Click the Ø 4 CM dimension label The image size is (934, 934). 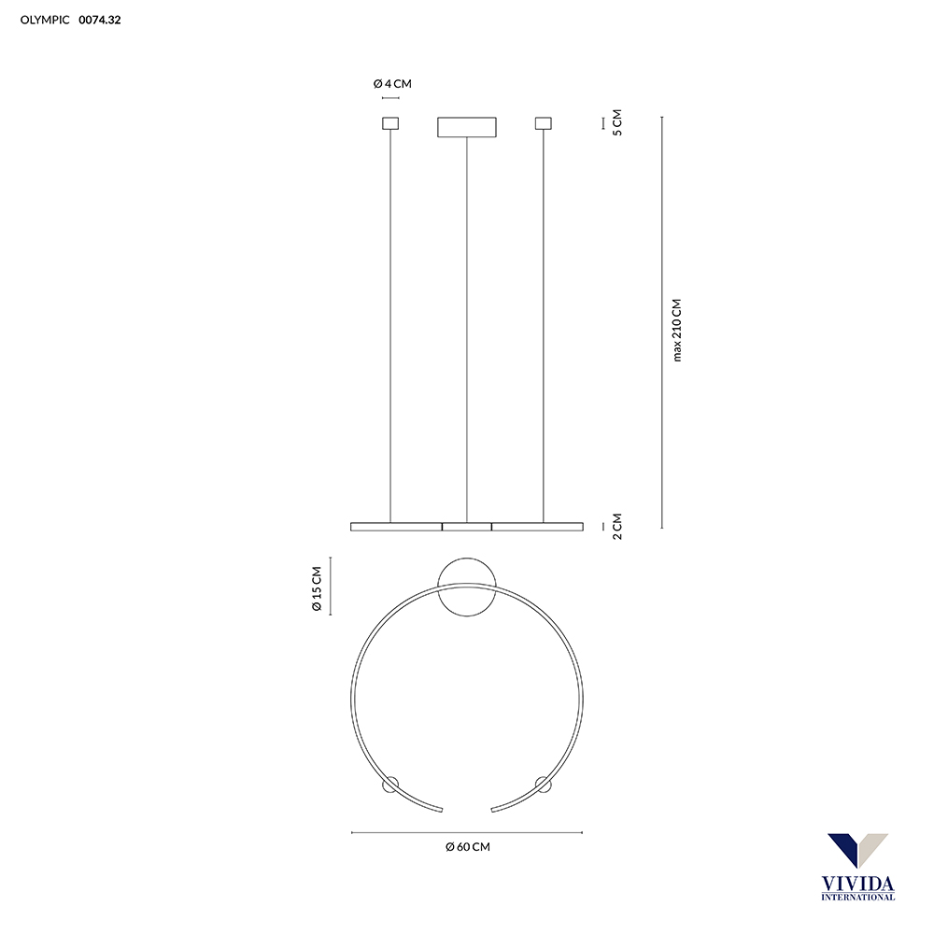pyautogui.click(x=392, y=84)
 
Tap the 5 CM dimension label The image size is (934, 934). pyautogui.click(x=617, y=122)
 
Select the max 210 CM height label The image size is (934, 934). pyautogui.click(x=676, y=330)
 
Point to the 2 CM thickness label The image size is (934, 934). pyautogui.click(x=617, y=527)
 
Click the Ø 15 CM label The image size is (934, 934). pyautogui.click(x=317, y=588)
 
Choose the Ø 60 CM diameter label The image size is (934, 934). pyautogui.click(x=468, y=847)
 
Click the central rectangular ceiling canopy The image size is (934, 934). pyautogui.click(x=467, y=127)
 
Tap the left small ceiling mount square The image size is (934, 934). pyautogui.click(x=390, y=123)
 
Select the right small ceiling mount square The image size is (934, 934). pyautogui.click(x=544, y=123)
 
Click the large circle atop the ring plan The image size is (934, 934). pyautogui.click(x=467, y=559)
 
